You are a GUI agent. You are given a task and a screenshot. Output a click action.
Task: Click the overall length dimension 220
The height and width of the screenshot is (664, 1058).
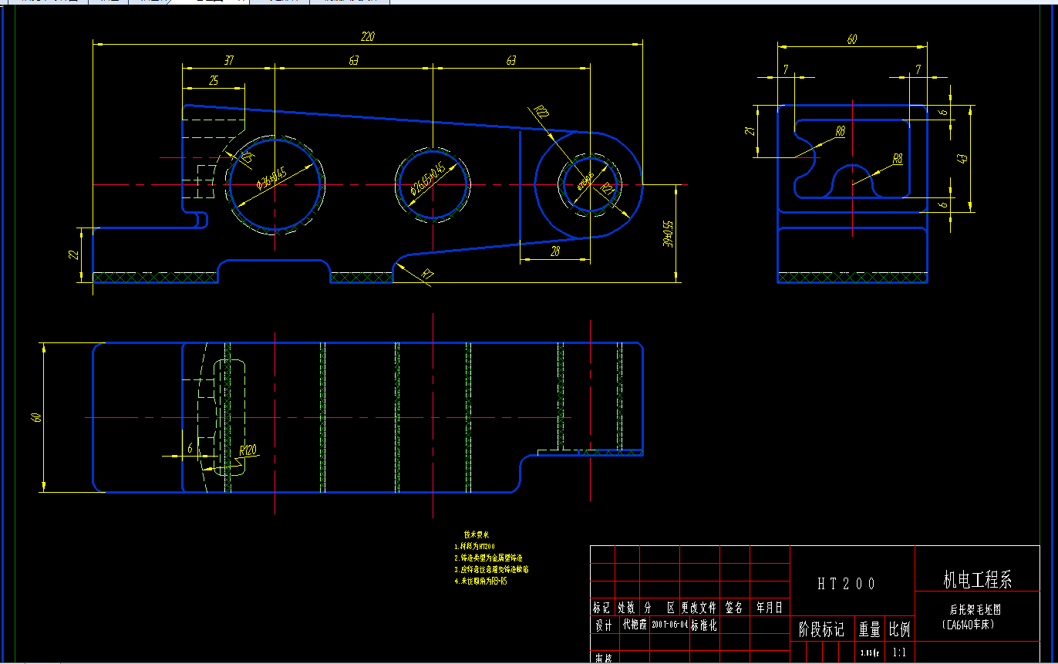click(367, 36)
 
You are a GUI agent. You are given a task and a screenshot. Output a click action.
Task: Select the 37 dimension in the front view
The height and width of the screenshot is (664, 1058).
click(228, 60)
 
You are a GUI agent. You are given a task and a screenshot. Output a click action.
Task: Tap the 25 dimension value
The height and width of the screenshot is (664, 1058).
click(214, 80)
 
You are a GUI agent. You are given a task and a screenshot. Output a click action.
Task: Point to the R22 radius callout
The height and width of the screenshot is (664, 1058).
click(542, 114)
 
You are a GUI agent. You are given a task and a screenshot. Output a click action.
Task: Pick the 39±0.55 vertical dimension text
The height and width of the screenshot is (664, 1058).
click(669, 233)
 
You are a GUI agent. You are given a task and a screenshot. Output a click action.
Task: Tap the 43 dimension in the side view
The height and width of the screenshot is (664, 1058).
click(962, 158)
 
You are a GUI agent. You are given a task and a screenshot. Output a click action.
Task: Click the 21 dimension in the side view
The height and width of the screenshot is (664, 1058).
click(748, 131)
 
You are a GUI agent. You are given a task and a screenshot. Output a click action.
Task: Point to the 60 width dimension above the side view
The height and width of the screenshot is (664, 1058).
click(851, 40)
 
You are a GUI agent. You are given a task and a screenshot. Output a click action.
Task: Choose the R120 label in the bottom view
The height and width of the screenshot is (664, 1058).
click(248, 450)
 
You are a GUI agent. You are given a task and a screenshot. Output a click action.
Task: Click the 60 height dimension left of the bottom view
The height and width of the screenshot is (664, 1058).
click(36, 417)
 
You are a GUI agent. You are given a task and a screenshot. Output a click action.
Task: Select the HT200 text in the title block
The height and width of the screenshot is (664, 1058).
click(847, 584)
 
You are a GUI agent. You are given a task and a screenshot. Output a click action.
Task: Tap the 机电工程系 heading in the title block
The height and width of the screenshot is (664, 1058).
click(978, 579)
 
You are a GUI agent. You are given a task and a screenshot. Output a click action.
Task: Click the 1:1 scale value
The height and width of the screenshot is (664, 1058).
click(899, 652)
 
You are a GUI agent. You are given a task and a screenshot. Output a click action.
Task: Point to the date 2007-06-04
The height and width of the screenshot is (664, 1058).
click(669, 625)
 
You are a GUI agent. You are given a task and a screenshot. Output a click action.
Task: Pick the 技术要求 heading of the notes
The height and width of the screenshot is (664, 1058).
click(477, 534)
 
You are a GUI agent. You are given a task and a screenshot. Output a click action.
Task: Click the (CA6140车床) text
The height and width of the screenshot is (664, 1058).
click(970, 625)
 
